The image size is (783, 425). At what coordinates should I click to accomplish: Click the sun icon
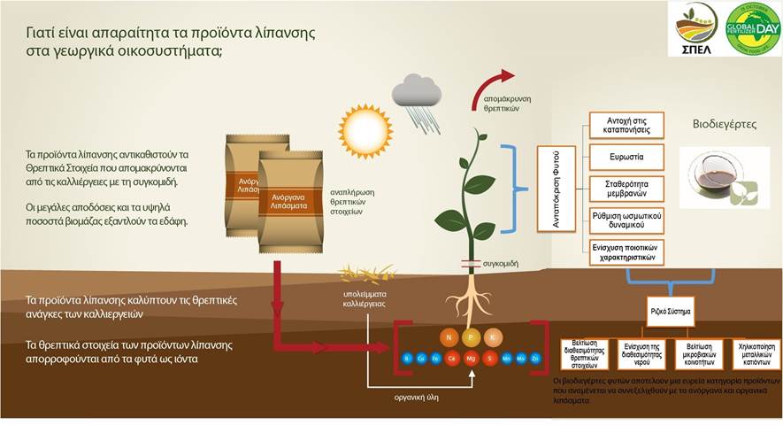(x=365, y=130)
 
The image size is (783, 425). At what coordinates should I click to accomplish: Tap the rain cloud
(x=417, y=92)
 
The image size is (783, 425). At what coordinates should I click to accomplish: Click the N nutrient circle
(x=449, y=336)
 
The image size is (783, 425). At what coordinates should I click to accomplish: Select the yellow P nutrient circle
(x=471, y=336)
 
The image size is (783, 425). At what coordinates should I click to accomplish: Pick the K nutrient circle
(x=493, y=336)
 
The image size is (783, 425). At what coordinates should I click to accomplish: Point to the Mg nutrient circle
(x=471, y=359)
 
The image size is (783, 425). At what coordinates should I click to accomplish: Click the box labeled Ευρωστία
(x=627, y=157)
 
